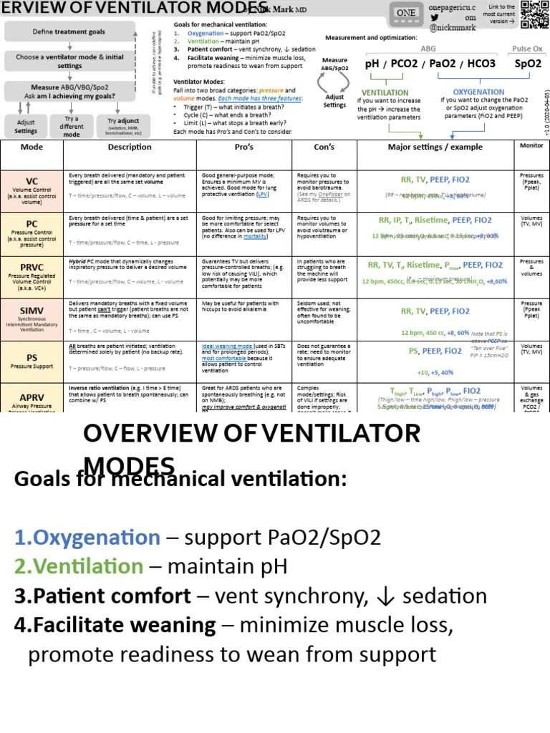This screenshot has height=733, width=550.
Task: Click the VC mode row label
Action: pyautogui.click(x=32, y=181)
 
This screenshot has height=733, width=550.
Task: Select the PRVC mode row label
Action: pyautogui.click(x=32, y=266)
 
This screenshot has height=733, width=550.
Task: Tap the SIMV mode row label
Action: pyautogui.click(x=32, y=308)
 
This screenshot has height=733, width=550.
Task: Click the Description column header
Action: pyautogui.click(x=130, y=147)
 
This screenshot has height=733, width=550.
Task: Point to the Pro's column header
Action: pyautogui.click(x=244, y=147)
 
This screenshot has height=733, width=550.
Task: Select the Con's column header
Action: pyautogui.click(x=324, y=147)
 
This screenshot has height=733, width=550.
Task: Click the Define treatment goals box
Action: pyautogui.click(x=69, y=31)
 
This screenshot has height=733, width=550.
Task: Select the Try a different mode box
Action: pyautogui.click(x=72, y=127)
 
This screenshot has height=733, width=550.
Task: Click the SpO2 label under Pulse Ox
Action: pyautogui.click(x=529, y=64)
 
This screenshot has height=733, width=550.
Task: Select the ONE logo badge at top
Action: pyautogui.click(x=406, y=13)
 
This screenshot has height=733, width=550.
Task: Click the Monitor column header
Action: pyautogui.click(x=531, y=146)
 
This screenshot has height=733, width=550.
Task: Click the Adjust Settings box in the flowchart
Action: pyautogui.click(x=26, y=127)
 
